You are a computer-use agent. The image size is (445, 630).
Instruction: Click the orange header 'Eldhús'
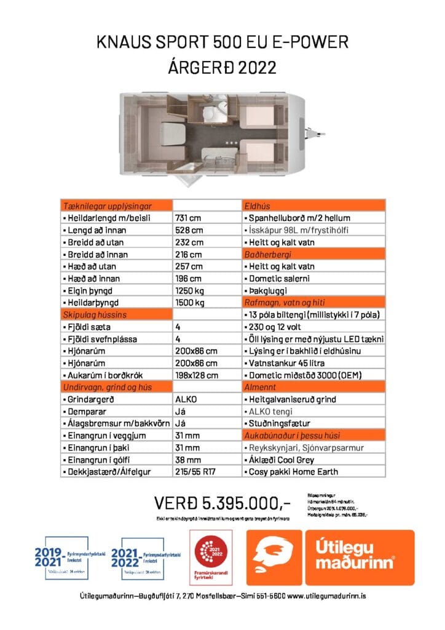tap(258, 206)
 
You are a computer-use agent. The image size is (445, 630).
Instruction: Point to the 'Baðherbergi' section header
tap(267, 254)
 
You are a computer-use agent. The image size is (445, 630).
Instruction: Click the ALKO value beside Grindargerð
tap(186, 399)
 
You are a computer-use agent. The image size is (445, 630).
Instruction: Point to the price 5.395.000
tap(221, 504)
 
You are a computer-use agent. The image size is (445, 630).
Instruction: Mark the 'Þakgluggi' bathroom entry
tap(266, 290)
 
